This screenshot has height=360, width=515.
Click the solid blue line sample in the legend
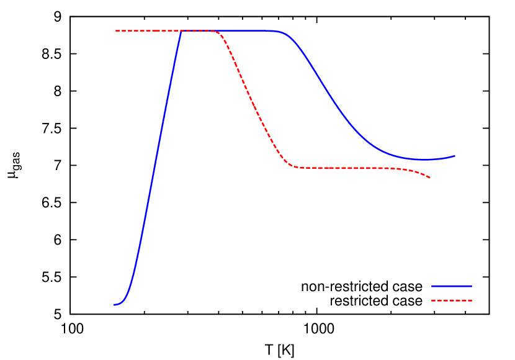pos(452,286)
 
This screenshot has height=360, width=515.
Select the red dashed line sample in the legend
pos(452,300)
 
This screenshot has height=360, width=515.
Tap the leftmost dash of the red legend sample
pos(434,300)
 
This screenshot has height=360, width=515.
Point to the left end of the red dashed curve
pos(115,30)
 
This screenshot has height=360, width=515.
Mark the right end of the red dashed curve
pos(430,178)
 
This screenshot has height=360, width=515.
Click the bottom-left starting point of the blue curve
pos(115,305)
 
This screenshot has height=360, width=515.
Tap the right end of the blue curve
pos(455,156)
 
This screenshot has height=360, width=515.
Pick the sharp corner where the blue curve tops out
pos(181,30)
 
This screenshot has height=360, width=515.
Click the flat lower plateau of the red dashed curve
pos(347,168)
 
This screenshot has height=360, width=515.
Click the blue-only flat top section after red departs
pos(248,30)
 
